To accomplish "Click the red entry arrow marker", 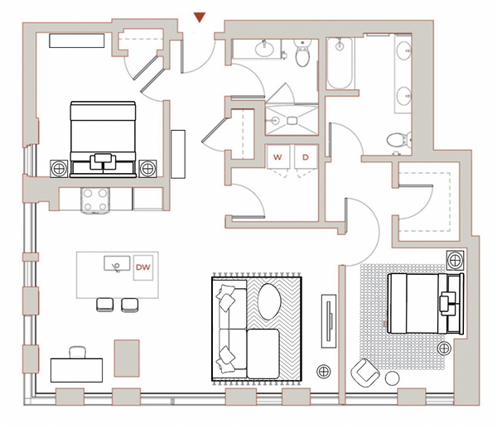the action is [x=200, y=17].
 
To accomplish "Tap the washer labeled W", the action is [x=278, y=156].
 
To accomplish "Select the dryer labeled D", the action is [x=306, y=156].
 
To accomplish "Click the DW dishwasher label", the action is [x=143, y=267].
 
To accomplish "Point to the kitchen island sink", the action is [x=117, y=263].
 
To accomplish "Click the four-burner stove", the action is [x=95, y=200].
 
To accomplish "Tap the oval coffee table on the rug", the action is [x=269, y=301].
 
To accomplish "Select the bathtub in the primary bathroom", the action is [x=340, y=64].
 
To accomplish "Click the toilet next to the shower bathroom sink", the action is [x=302, y=53].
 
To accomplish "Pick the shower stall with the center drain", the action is [x=292, y=120].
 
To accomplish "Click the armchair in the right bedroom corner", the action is [x=364, y=373].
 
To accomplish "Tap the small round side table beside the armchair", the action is [x=393, y=378].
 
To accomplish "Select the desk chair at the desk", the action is [x=77, y=353].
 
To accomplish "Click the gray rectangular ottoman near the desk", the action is [x=127, y=358].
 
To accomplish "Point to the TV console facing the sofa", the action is [x=329, y=321].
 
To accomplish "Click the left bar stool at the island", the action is [x=105, y=305].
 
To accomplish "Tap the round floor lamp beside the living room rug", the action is [x=324, y=371].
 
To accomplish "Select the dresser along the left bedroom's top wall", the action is [x=77, y=41].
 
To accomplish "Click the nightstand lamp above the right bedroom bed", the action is [x=456, y=260].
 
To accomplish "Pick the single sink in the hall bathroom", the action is [x=264, y=49].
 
